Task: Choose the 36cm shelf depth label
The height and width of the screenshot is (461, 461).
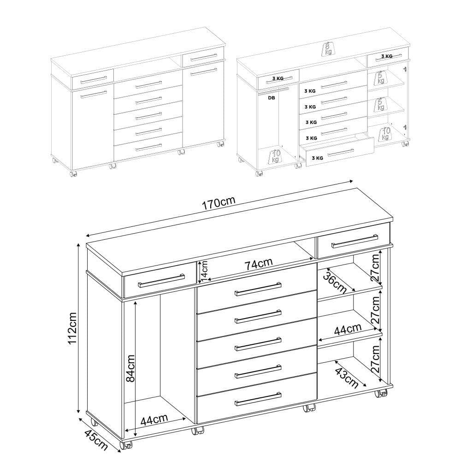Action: (x=335, y=283)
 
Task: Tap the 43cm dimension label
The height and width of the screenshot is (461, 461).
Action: (x=346, y=377)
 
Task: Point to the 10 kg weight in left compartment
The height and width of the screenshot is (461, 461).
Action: (x=275, y=156)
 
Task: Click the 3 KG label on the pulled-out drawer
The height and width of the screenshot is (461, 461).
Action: (x=317, y=158)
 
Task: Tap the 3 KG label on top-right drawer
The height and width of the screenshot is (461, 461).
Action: (x=386, y=56)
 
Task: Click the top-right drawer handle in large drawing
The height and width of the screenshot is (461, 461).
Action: (x=355, y=241)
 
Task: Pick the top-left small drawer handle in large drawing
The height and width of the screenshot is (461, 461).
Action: (x=161, y=280)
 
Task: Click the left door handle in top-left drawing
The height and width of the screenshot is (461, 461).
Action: (x=94, y=94)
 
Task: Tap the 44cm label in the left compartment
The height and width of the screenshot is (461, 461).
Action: (x=154, y=420)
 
